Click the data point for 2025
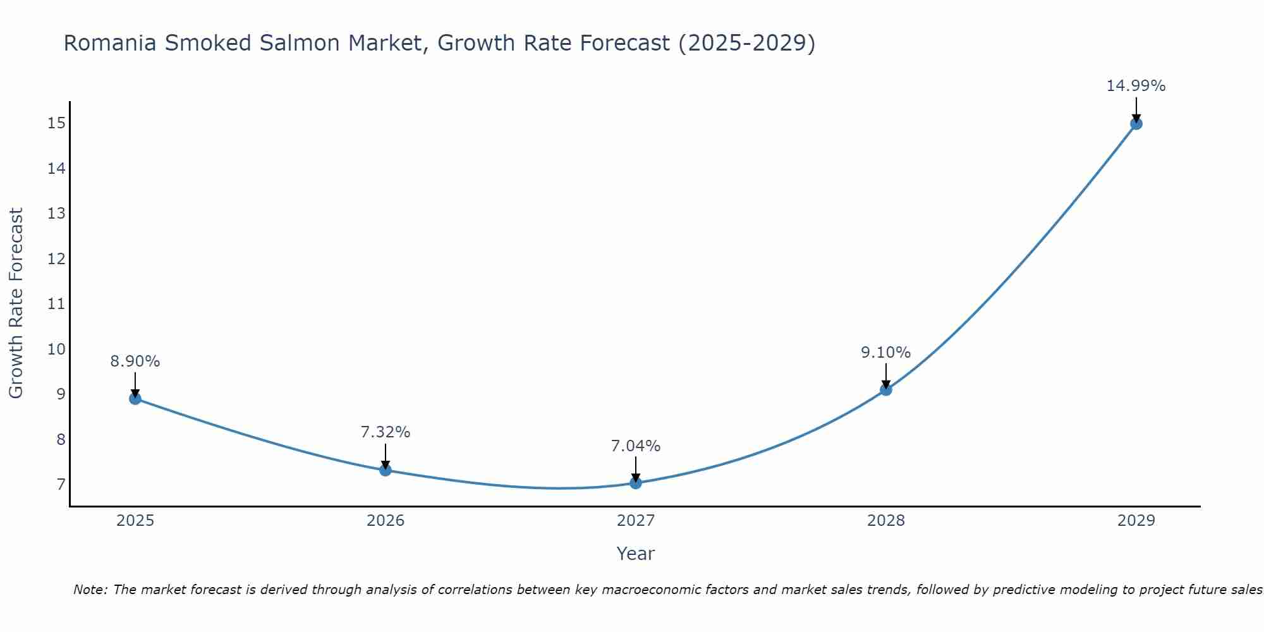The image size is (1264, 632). click(135, 398)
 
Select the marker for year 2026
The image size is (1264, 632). click(386, 470)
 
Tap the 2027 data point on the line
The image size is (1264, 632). click(636, 483)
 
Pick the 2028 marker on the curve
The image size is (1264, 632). click(886, 389)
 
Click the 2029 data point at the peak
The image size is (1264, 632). click(1136, 123)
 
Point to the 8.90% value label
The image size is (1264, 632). click(135, 362)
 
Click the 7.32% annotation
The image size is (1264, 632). click(386, 432)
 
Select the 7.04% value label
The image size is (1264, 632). click(636, 446)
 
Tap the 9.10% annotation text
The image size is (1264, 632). click(886, 353)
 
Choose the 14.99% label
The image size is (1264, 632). click(1136, 86)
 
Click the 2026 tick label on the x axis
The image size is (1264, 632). click(386, 521)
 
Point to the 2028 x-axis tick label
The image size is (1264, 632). click(886, 521)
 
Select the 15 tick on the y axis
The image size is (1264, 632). click(57, 123)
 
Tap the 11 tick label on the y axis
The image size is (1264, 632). click(57, 304)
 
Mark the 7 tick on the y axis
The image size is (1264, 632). click(61, 485)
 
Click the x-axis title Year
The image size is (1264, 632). click(636, 554)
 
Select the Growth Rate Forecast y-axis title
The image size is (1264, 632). click(16, 303)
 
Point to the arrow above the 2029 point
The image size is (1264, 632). click(1136, 109)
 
